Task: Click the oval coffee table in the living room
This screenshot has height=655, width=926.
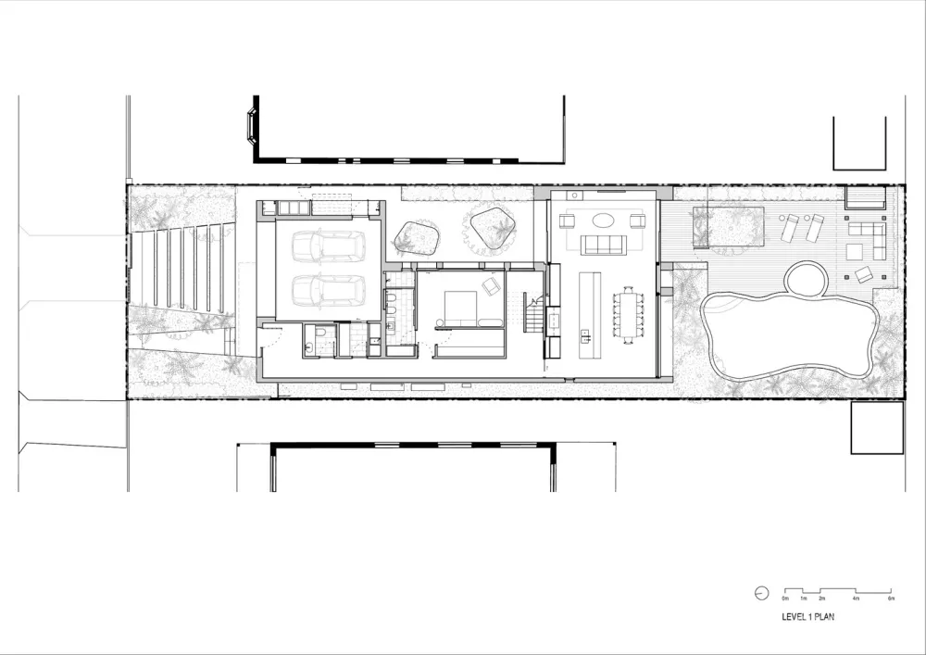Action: pos(603,220)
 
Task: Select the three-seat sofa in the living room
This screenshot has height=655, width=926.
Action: pos(603,245)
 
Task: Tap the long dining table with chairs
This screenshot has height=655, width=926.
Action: pos(630,315)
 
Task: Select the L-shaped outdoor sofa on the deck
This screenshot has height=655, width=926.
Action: pos(867,239)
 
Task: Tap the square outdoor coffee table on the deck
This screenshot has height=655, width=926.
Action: pos(862,274)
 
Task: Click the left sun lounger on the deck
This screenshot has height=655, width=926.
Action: pos(791,227)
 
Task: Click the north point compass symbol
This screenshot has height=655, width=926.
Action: pos(761,593)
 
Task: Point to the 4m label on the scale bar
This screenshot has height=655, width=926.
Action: pos(856,600)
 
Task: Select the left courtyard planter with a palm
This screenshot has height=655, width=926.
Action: pos(416,238)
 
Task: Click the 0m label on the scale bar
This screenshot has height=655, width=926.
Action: pos(785,600)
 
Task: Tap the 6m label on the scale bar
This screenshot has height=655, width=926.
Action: pos(891,600)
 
